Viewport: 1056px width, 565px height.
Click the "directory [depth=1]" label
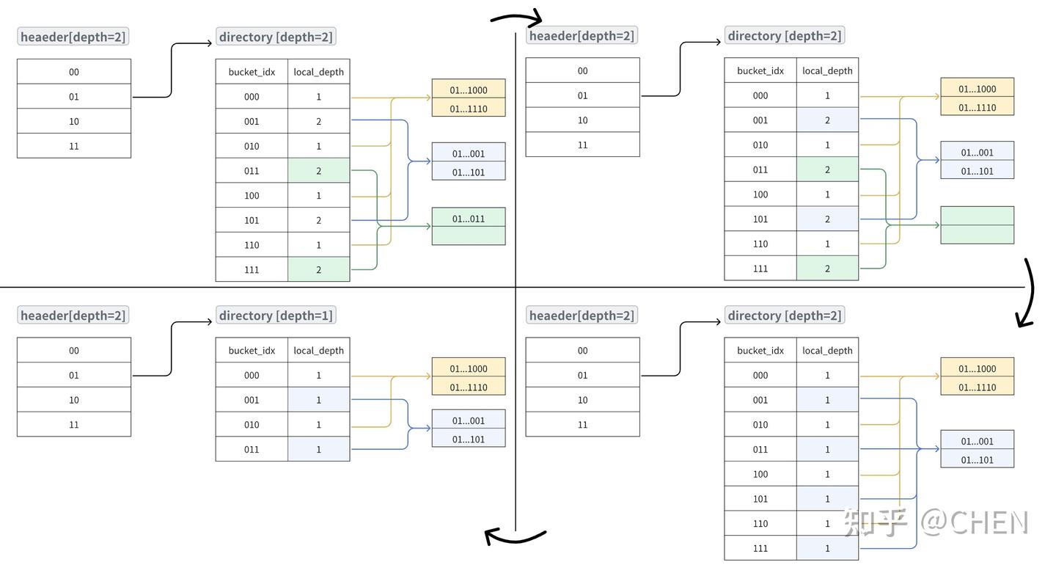pyautogui.click(x=276, y=316)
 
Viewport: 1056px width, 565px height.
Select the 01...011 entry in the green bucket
pyautogui.click(x=468, y=218)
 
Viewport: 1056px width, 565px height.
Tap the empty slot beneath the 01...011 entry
pyautogui.click(x=468, y=236)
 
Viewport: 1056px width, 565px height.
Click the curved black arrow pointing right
pyautogui.click(x=516, y=17)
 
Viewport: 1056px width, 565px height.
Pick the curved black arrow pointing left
pyautogui.click(x=516, y=537)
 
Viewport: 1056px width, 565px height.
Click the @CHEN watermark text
pyautogui.click(x=975, y=522)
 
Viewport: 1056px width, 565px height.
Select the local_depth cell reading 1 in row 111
pyautogui.click(x=827, y=548)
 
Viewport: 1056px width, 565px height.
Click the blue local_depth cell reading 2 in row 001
pyautogui.click(x=827, y=120)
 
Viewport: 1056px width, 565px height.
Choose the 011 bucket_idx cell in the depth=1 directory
pyautogui.click(x=252, y=449)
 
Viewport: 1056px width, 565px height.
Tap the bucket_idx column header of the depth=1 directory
pyautogui.click(x=252, y=351)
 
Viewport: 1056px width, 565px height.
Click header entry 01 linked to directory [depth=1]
pyautogui.click(x=74, y=375)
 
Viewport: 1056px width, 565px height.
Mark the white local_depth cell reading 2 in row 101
pyautogui.click(x=318, y=220)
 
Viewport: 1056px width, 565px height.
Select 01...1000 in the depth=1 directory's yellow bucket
pyautogui.click(x=468, y=369)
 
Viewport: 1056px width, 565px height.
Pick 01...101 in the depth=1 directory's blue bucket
pyautogui.click(x=468, y=440)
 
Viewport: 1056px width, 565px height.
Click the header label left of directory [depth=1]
pyautogui.click(x=73, y=316)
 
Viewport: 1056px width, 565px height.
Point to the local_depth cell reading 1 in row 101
pyautogui.click(x=827, y=499)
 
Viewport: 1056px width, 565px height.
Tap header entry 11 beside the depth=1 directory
pyautogui.click(x=74, y=425)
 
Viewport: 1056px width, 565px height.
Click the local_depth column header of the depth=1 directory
pyautogui.click(x=318, y=351)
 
